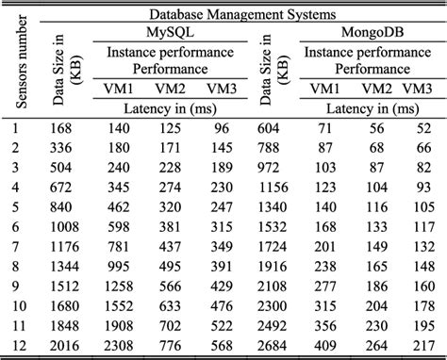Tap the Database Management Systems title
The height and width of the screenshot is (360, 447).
pos(242,13)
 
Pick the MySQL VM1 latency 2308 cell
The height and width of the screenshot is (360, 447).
pos(122,348)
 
